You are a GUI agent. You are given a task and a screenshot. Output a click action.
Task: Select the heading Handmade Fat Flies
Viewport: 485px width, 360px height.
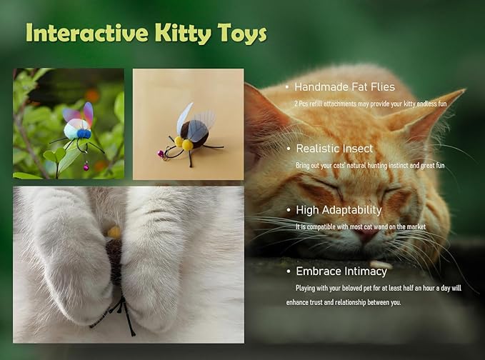tap(344, 87)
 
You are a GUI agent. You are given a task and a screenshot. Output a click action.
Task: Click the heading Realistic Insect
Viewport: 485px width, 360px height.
tap(334, 149)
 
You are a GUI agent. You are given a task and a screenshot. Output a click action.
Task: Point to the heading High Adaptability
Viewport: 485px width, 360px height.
tap(339, 210)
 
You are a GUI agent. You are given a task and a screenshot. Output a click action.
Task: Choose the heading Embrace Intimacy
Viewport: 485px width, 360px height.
tap(341, 271)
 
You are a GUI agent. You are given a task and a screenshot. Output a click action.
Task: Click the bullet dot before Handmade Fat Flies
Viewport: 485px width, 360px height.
tap(287, 88)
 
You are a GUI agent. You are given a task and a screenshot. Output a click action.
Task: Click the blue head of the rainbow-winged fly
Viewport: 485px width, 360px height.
tap(84, 134)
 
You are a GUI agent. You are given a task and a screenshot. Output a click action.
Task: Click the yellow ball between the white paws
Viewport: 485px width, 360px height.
tap(114, 231)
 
